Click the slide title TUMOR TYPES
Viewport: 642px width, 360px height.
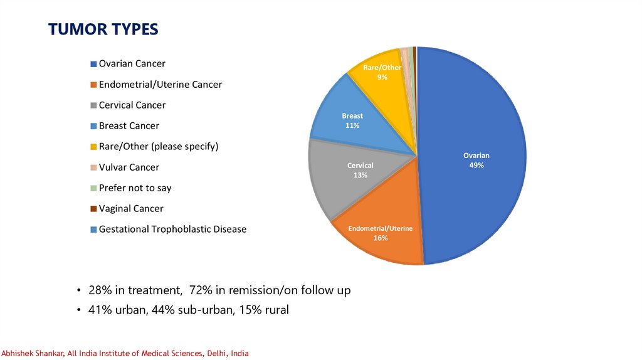point(103,29)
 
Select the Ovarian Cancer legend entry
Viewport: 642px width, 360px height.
point(132,64)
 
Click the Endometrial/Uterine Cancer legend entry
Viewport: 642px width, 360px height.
point(160,85)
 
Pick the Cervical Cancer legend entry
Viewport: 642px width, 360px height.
point(132,105)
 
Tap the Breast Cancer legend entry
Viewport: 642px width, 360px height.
point(129,126)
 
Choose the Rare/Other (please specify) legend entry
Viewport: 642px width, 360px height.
point(158,147)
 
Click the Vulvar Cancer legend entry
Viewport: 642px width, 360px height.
point(129,167)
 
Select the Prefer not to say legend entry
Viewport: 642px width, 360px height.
point(135,188)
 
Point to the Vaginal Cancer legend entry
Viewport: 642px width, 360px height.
point(130,209)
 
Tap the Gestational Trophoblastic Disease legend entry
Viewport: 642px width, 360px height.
point(172,230)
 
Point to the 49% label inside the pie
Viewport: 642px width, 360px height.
point(476,165)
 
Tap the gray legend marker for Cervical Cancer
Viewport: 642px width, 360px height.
point(94,105)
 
